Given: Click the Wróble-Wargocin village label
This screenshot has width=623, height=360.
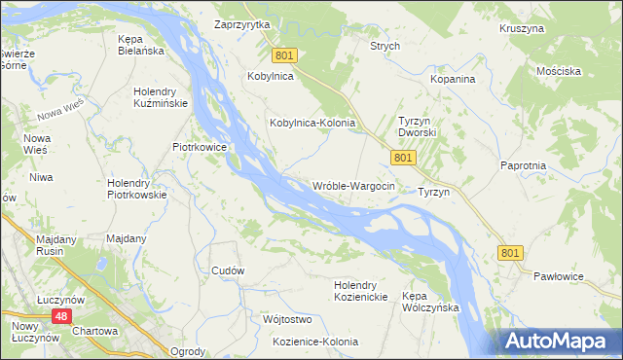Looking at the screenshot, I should point(353,186).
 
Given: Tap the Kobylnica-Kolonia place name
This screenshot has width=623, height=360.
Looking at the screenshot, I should point(311,124).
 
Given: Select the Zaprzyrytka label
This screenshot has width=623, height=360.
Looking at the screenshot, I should point(241,24).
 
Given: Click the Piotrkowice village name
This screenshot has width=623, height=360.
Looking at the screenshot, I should point(200,147).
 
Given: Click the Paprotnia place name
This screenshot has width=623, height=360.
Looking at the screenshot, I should point(523,166).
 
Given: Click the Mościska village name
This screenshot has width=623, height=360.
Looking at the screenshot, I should point(558,71).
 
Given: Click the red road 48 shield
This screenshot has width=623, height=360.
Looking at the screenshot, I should point(61,317).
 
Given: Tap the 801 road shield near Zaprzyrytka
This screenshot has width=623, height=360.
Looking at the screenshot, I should point(282,57).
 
